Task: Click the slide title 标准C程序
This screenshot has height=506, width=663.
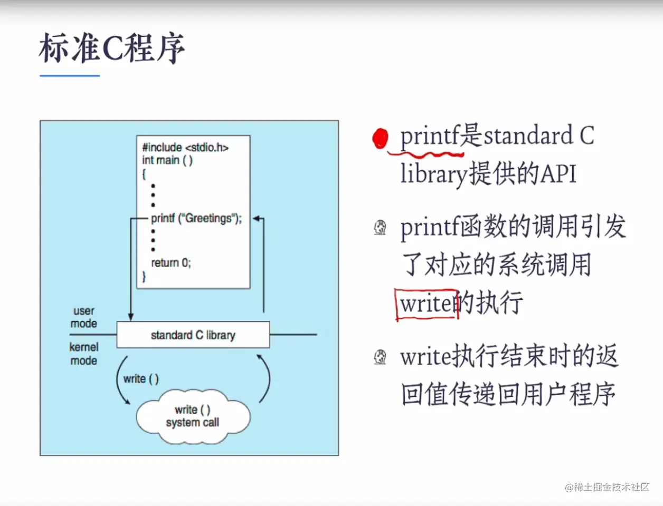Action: point(112,48)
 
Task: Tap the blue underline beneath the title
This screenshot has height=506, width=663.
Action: point(70,76)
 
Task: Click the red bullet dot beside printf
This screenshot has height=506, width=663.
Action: point(380,139)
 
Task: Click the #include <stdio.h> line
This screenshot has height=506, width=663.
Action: point(185,148)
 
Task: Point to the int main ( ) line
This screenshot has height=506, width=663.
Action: point(167,160)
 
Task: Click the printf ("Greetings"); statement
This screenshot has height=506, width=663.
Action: point(196,218)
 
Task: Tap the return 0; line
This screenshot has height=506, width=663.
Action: point(171,263)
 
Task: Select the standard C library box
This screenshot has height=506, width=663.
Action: point(193,335)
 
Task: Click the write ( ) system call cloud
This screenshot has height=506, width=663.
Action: point(193,417)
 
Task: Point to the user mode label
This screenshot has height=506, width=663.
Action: point(84,317)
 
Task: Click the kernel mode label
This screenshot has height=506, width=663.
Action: point(84,354)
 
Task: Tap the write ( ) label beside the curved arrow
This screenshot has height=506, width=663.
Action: point(141,379)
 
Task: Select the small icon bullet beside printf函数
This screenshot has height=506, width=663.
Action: point(380,228)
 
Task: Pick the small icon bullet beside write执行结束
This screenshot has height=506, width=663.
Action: point(380,357)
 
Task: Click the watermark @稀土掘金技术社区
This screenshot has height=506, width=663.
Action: point(607,487)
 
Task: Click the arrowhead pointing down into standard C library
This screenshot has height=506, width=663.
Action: point(131,317)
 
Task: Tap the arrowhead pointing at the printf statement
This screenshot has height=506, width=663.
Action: point(257,218)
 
